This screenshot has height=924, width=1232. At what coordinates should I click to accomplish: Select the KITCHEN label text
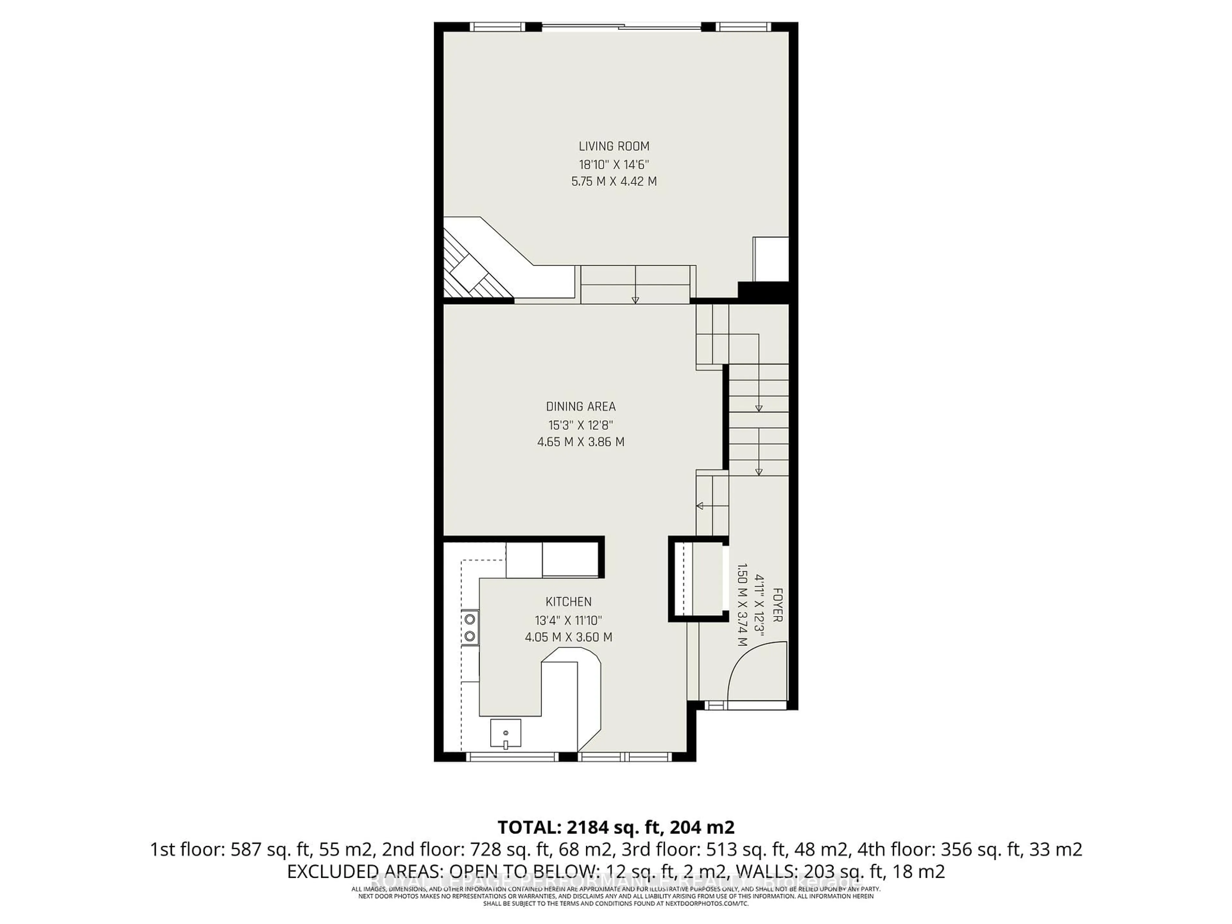568,602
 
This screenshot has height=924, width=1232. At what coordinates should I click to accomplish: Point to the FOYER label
777,605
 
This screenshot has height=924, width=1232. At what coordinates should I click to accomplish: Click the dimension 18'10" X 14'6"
614,164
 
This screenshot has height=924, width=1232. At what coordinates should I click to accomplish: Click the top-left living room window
497,26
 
